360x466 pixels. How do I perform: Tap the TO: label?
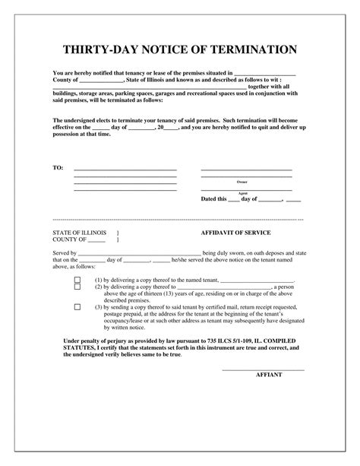(58, 167)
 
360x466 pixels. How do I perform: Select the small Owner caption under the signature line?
(242, 182)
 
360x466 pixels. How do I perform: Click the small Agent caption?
(243, 194)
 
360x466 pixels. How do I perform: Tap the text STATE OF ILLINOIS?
(79, 232)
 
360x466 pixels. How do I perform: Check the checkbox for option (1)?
(77, 281)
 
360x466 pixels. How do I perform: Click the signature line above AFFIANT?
(263, 369)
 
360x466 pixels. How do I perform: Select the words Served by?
(65, 252)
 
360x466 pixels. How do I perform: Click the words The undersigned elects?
(85, 121)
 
